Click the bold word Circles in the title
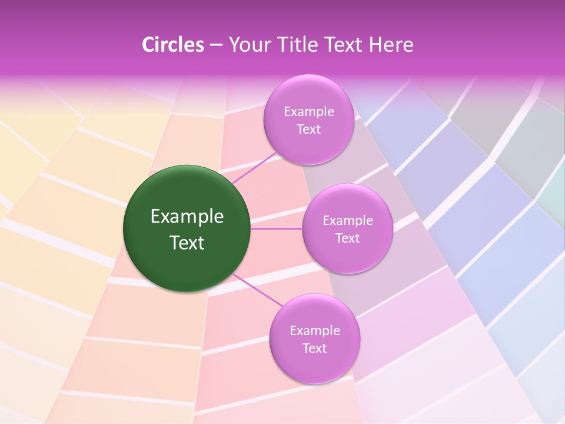coord(172,45)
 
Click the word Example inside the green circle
coord(187,217)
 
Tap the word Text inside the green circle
coord(187,243)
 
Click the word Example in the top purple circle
coord(309,112)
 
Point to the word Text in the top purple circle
coord(309,130)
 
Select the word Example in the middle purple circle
coord(348,221)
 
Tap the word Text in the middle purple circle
coord(348,238)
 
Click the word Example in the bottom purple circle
coord(315,331)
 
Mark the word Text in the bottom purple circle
coord(315,349)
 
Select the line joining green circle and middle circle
coord(277,228)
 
